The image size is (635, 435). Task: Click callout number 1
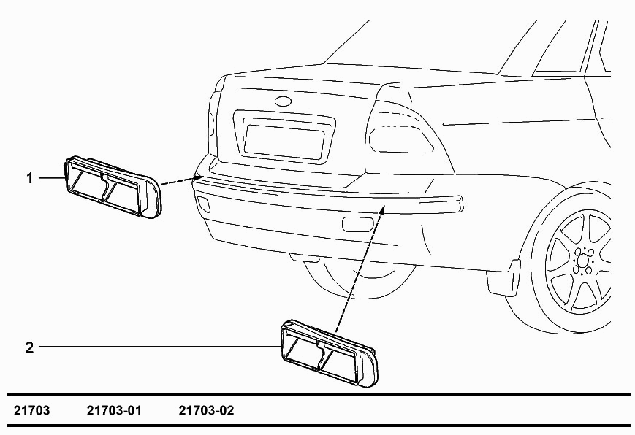point(29,177)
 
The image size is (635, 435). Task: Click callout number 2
point(29,347)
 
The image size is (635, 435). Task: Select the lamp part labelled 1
point(113,187)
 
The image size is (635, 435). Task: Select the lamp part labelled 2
point(329,353)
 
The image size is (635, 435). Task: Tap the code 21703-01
point(114,410)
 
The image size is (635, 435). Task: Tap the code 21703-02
point(207,410)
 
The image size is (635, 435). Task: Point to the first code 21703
point(32,410)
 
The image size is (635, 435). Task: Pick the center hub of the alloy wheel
point(583,260)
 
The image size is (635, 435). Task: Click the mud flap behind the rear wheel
point(503,277)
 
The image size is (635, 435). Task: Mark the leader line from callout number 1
point(52,177)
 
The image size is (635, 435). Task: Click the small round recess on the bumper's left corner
point(202,203)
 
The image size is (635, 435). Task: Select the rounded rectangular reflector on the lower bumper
point(358,224)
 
